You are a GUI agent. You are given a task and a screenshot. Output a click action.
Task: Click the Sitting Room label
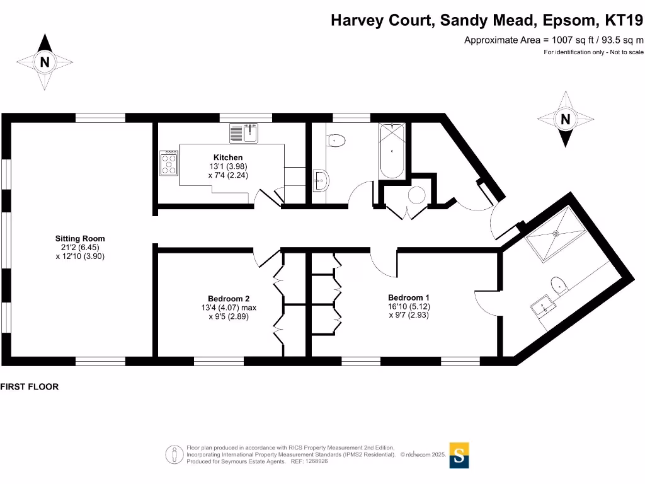click(80, 239)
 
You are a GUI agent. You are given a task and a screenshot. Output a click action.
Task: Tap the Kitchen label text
click(228, 158)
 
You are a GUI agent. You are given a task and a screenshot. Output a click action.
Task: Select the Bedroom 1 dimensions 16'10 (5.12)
click(409, 306)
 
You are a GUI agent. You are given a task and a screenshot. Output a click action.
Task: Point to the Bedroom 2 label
click(229, 299)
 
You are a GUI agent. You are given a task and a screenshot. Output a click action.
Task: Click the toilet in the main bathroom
click(336, 140)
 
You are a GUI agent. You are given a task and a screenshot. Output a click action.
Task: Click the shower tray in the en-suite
click(556, 233)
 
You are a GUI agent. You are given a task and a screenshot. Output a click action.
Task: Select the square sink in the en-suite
click(541, 308)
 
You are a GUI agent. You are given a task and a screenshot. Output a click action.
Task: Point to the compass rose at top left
click(44, 62)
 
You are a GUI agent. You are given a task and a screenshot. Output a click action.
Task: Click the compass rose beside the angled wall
click(565, 118)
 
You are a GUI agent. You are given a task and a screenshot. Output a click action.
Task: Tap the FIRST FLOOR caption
click(30, 387)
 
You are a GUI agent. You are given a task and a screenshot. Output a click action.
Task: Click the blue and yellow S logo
click(459, 455)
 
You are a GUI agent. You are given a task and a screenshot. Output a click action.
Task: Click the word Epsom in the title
click(568, 20)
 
